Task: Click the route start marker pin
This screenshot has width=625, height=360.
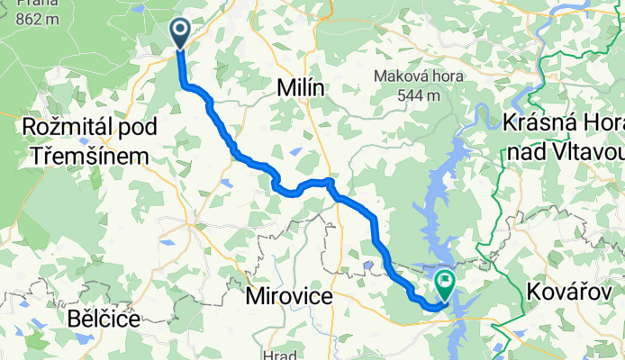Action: point(180,33)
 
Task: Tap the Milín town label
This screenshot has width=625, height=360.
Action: point(301,88)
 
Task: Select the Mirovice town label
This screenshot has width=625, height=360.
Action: point(289,294)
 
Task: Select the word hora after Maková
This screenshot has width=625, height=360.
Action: point(446,76)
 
